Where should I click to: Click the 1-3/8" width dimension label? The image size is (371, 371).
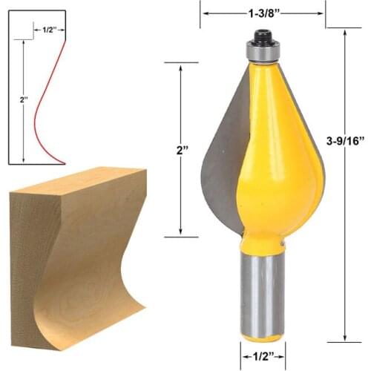coord(262,13)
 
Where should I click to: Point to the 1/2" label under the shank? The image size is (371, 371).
coord(263,355)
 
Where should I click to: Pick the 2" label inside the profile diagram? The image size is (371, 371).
coord(24,98)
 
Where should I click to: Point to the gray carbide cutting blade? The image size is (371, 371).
coord(219,163)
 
